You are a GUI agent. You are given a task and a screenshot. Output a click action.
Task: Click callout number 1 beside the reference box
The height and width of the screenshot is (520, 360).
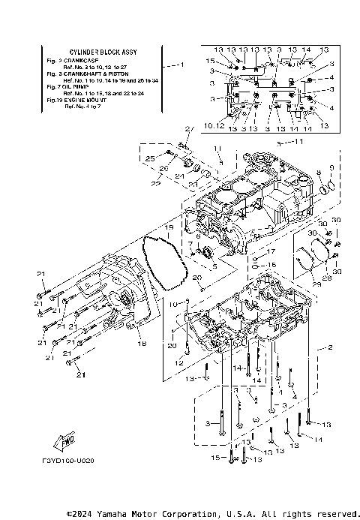[181, 65]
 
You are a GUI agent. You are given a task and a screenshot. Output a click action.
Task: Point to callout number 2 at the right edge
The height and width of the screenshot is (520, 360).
[329, 348]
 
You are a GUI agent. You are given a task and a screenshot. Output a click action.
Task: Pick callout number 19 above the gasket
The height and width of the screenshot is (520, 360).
[169, 226]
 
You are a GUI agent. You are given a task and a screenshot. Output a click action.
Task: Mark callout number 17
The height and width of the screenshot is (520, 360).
[272, 251]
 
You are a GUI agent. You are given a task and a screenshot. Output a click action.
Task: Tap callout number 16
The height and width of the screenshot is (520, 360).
[272, 265]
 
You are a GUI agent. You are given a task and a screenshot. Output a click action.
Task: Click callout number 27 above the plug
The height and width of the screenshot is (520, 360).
[189, 128]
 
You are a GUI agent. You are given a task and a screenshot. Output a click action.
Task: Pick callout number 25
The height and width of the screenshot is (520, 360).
[149, 158]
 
